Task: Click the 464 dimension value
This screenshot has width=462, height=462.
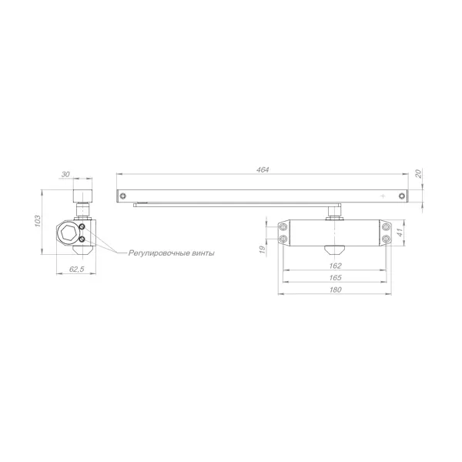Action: click(263, 170)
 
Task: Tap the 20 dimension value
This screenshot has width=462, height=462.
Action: click(418, 173)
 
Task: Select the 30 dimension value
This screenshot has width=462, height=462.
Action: click(65, 174)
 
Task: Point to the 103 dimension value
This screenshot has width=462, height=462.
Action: click(38, 221)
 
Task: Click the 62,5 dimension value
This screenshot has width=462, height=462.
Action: click(76, 269)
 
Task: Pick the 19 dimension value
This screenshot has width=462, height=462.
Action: click(262, 249)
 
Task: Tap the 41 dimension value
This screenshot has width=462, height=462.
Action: click(400, 233)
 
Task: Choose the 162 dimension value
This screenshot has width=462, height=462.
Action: click(335, 266)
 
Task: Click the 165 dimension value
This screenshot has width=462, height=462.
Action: click(335, 277)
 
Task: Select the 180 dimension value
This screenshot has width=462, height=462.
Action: click(335, 290)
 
